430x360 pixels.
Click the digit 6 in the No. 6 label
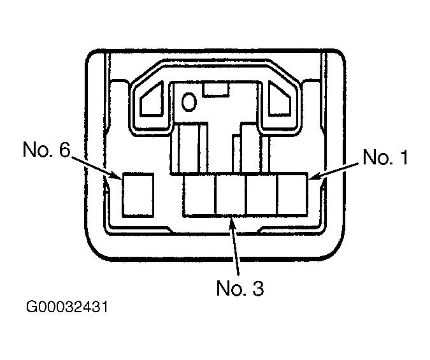point(64,150)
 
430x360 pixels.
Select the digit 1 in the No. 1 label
point(403,157)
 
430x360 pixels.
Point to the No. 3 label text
point(240,288)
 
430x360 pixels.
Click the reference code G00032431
point(67,306)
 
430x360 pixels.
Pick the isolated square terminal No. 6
point(138,195)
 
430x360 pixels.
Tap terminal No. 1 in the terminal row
point(292,195)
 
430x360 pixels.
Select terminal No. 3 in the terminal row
point(231,195)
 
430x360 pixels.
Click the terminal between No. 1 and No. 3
point(262,195)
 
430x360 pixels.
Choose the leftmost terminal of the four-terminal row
point(199,195)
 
